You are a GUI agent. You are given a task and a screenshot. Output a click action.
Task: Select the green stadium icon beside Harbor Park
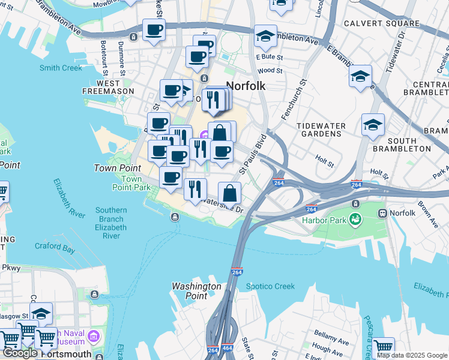pos(355,220)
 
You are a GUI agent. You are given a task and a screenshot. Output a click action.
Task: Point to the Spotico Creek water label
pos(270,286)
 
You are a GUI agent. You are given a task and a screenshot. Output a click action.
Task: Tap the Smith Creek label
pos(61,68)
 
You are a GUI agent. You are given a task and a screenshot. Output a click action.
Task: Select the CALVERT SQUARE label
pos(381,23)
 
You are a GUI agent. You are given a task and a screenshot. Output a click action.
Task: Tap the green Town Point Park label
pos(131,183)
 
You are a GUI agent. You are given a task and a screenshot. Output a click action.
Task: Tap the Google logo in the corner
pos(19,353)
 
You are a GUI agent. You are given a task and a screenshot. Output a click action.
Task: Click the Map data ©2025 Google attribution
pos(412,355)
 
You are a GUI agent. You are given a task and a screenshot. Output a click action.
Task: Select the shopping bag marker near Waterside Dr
pos(229,194)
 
